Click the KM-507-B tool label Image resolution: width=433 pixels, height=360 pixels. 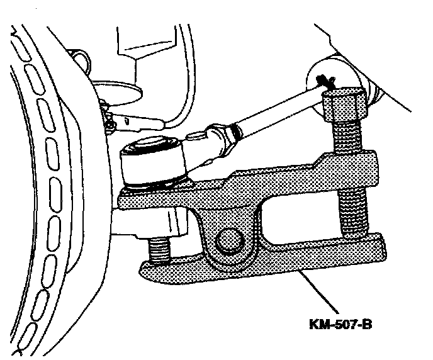tap(345, 325)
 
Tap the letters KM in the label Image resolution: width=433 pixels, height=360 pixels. tap(318, 325)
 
